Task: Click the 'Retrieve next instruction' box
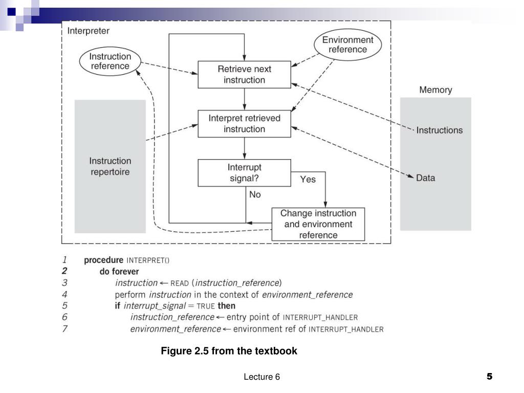coord(244,75)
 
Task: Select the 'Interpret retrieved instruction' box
coord(244,124)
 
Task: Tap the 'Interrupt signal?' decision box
coord(244,173)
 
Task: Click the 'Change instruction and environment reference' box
coord(318,224)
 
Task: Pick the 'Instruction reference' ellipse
coord(110,61)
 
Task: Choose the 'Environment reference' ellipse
coord(347,45)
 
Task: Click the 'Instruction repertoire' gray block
coord(110,166)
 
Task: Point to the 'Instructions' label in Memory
coord(439,130)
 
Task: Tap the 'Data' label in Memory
coord(425,178)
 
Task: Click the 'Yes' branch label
coord(308,180)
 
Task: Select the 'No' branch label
coord(255,194)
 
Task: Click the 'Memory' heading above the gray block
coord(435,90)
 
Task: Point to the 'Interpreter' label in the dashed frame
coord(88,31)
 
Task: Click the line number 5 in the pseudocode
coord(64,306)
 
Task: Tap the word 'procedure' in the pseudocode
coord(103,260)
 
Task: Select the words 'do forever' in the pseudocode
coord(119,271)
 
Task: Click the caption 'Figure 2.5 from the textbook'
coord(229,351)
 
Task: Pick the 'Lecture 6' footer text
coord(261,377)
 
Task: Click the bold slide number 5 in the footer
coord(490,377)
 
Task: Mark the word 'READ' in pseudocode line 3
coord(180,283)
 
